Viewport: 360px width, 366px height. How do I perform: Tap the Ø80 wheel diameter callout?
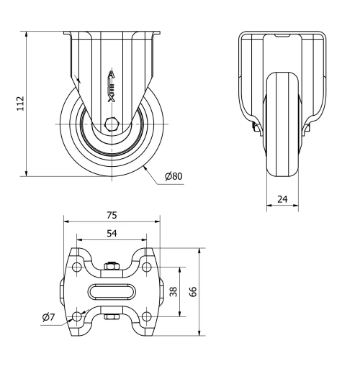pyautogui.click(x=174, y=177)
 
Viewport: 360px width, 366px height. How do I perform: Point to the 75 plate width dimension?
pyautogui.click(x=112, y=214)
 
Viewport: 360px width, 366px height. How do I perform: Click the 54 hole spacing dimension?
pyautogui.click(x=112, y=233)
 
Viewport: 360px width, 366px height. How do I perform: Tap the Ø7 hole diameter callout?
pyautogui.click(x=48, y=317)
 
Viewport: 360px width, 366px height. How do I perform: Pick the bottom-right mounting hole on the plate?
pyautogui.click(x=146, y=316)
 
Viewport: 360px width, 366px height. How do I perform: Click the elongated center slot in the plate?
pyautogui.click(x=112, y=292)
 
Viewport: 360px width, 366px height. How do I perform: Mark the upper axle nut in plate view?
pyautogui.click(x=112, y=268)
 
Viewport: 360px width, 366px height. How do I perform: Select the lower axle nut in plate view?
pyautogui.click(x=112, y=316)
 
